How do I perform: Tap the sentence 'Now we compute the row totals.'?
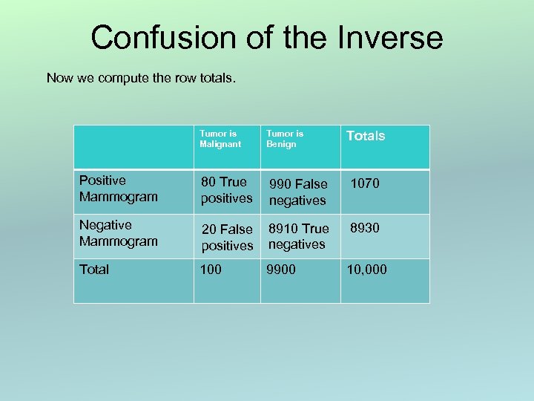(141, 77)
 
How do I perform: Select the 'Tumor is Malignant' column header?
(220, 139)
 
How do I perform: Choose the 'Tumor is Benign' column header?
(285, 139)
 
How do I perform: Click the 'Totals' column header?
(366, 136)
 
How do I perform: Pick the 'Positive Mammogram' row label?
(118, 189)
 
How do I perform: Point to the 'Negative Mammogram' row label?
(118, 233)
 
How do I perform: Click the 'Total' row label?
(94, 270)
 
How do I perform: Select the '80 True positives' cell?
(226, 190)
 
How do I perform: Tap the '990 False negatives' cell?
(297, 192)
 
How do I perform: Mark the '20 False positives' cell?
(227, 236)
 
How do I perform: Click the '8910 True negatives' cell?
(298, 236)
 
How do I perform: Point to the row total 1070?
(364, 183)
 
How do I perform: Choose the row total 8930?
(364, 228)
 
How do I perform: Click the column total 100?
(211, 270)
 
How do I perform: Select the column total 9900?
(282, 270)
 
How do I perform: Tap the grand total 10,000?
(366, 270)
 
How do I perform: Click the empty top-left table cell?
(133, 147)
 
